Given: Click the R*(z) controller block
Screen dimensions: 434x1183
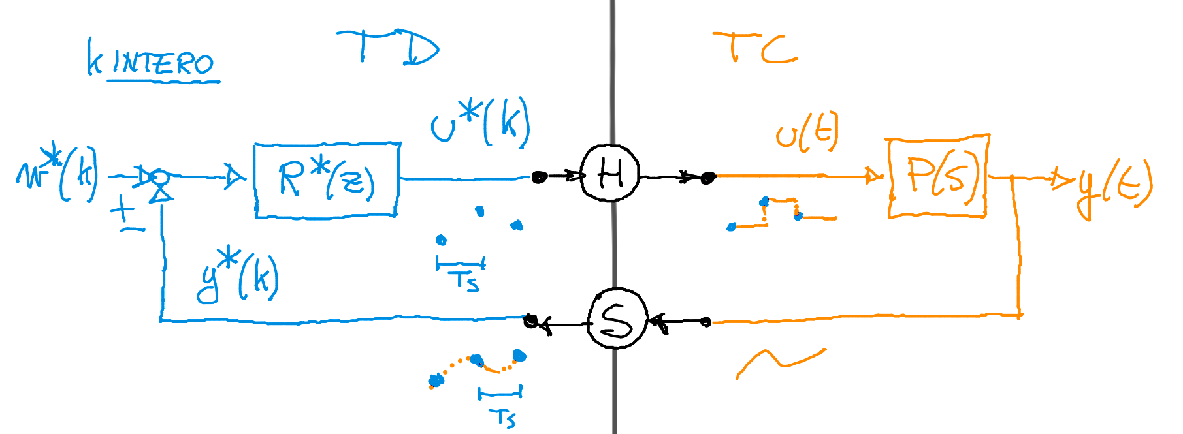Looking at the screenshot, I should pos(326,179).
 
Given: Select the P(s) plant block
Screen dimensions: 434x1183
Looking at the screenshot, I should pos(937,176).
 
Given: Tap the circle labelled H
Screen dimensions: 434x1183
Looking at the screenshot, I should pos(610,174).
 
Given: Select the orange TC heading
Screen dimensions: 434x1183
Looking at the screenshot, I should pos(754,48).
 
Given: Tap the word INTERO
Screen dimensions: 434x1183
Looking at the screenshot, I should pos(163,63).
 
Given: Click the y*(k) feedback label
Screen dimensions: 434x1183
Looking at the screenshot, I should pos(238,277).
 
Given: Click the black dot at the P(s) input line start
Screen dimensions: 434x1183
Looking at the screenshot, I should pos(707,177).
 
